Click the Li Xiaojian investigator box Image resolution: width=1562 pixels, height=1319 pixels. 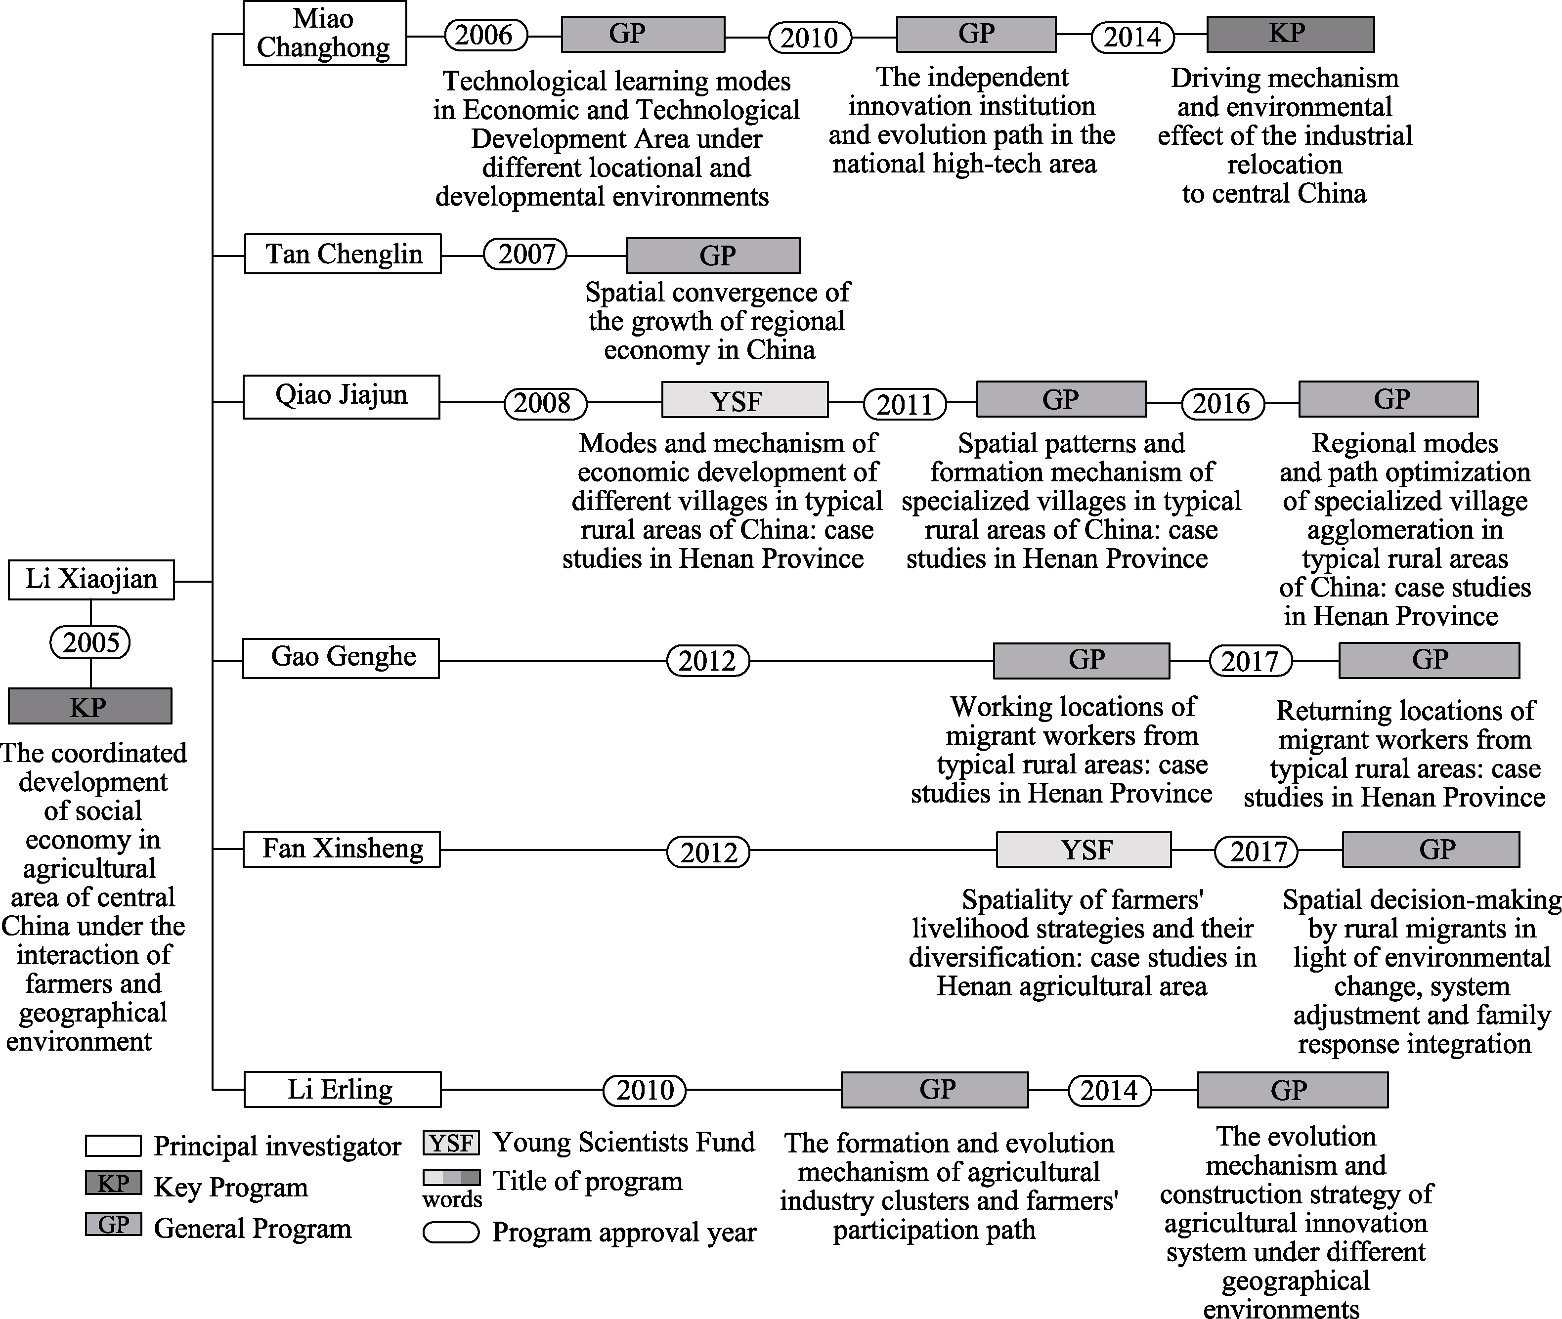click(91, 580)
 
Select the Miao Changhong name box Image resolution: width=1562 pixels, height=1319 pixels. click(325, 33)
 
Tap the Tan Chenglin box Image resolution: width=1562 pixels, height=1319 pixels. click(343, 254)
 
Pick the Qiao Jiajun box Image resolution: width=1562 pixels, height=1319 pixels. click(341, 396)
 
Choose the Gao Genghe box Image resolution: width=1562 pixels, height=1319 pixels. click(341, 657)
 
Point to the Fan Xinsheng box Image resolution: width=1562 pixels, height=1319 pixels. click(342, 849)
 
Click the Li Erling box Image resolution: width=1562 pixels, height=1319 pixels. click(342, 1089)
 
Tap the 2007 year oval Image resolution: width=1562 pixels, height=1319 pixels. click(525, 254)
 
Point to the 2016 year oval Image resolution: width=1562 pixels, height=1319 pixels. click(1222, 404)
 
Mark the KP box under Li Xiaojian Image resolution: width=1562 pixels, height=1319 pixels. click(90, 706)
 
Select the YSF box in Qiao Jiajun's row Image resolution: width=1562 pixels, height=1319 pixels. click(745, 400)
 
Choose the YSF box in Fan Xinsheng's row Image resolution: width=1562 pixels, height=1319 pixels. click(1084, 850)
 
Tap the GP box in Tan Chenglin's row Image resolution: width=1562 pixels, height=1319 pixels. click(713, 255)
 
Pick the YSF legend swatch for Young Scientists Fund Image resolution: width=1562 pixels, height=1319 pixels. click(451, 1143)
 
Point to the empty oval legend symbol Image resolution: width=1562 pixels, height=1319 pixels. click(451, 1232)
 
